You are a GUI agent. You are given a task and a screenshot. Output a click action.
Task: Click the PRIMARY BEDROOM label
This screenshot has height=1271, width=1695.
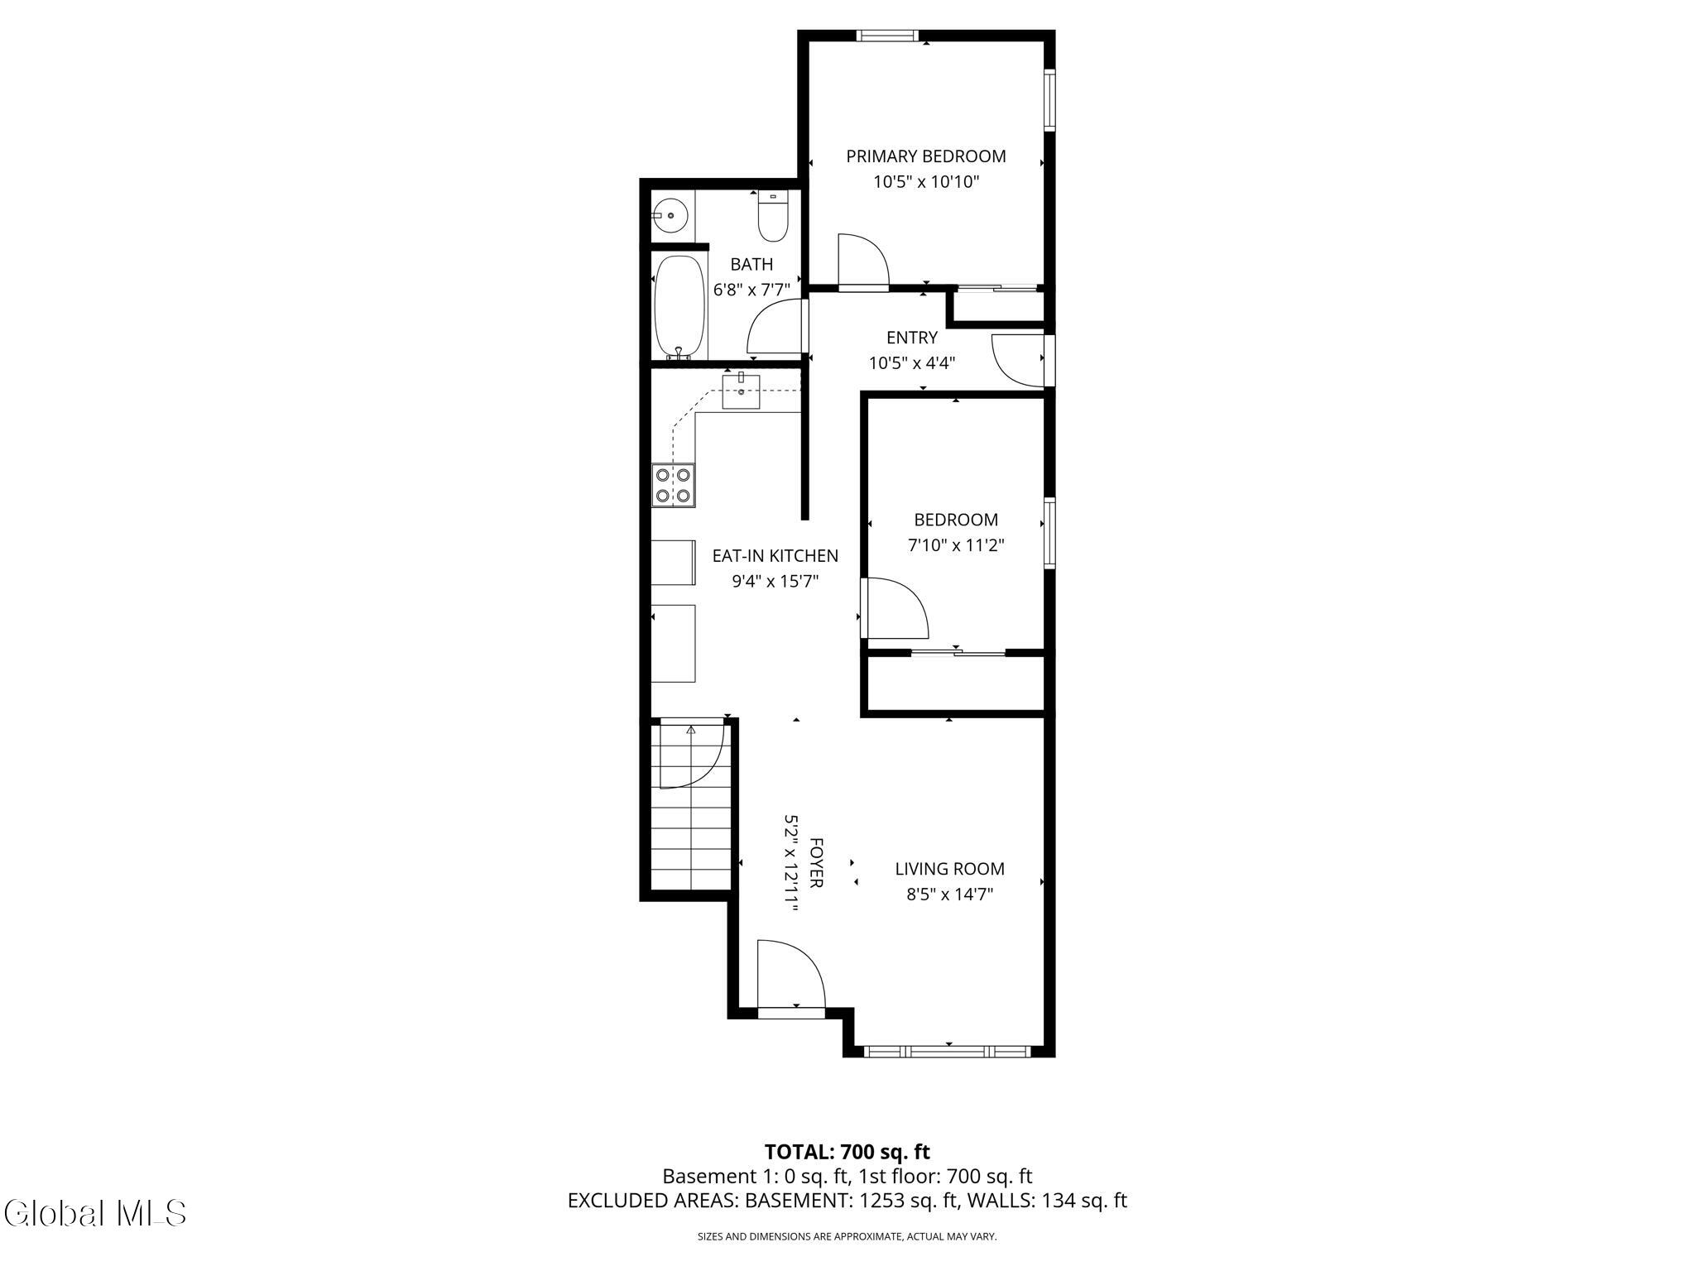tap(925, 156)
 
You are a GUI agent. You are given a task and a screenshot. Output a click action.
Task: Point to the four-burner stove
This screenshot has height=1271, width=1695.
tap(673, 486)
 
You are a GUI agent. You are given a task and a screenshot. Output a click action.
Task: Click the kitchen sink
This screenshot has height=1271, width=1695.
tap(741, 391)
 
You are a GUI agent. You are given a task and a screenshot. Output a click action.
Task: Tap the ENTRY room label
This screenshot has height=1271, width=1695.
tap(912, 338)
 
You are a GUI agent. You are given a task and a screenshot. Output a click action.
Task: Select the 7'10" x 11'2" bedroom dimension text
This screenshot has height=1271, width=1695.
tap(956, 545)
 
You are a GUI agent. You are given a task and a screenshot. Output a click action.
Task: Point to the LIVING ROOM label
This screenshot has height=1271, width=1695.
tap(949, 869)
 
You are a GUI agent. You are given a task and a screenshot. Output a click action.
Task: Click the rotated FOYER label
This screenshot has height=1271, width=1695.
tap(816, 863)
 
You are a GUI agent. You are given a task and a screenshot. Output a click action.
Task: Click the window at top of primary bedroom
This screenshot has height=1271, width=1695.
tap(887, 36)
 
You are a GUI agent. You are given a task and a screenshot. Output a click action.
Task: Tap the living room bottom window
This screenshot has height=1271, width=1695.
tap(947, 1052)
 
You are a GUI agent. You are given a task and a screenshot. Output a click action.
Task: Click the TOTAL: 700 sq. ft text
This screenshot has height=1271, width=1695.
tap(847, 1152)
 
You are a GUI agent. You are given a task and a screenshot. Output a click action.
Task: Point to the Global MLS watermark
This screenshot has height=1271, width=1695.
tap(95, 1213)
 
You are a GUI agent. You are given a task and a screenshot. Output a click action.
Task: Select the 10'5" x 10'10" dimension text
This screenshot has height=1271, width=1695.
tap(926, 182)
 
